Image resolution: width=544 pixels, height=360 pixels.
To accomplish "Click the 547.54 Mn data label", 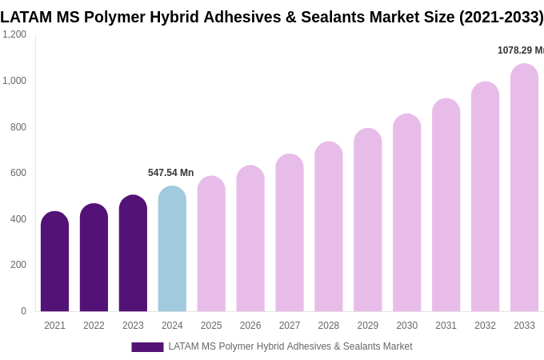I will tap(170, 173).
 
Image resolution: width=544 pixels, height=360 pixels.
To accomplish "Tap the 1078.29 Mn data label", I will tap(521, 50).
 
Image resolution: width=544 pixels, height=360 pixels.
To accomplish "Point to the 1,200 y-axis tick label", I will tap(14, 34).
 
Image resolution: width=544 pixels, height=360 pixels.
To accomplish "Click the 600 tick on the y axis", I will tap(18, 173).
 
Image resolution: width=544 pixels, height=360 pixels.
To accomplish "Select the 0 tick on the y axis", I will tap(23, 311).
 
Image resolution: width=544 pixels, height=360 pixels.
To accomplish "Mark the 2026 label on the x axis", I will tap(250, 326).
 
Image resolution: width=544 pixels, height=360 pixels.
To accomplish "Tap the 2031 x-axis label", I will tap(446, 326).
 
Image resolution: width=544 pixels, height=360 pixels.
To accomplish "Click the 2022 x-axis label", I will tap(94, 326).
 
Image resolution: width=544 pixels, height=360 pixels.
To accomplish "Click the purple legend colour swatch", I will tap(147, 347).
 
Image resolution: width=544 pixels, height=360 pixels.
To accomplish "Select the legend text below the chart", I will tap(290, 346).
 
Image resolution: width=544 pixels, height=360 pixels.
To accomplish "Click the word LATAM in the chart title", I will tap(27, 17).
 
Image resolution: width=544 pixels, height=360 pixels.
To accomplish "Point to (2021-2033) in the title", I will tap(501, 17).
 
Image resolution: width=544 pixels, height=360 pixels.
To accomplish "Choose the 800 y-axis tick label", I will tap(18, 127).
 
